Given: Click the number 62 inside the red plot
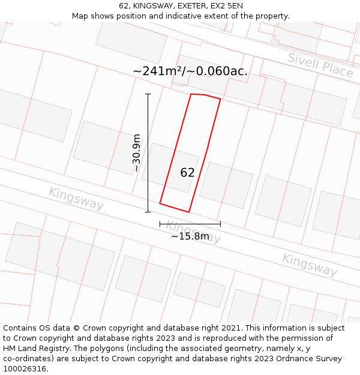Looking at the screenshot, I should click(x=187, y=173).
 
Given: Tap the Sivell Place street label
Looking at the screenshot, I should click(x=320, y=65).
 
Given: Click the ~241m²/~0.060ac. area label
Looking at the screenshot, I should click(x=190, y=71).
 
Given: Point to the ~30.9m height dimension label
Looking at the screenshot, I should click(x=137, y=153).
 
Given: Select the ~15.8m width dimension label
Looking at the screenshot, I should click(x=190, y=236).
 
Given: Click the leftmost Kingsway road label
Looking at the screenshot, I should click(x=76, y=199).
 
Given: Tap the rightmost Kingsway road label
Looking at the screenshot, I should click(x=310, y=265).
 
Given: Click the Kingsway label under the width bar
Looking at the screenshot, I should click(x=193, y=232).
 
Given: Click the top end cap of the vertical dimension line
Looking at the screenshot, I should click(x=148, y=94).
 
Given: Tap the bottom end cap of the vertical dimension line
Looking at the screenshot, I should click(x=148, y=212).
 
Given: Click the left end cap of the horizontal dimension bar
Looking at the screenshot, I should click(x=160, y=224).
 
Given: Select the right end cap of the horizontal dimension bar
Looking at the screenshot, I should click(x=220, y=224).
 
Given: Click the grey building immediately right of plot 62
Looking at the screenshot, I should click(x=226, y=185).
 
